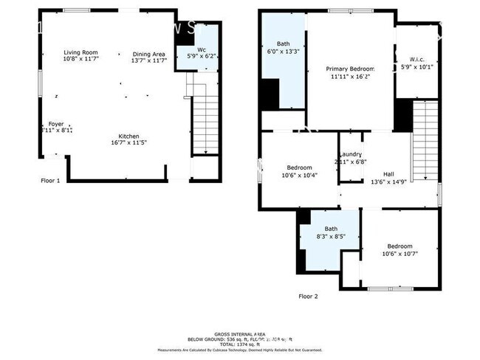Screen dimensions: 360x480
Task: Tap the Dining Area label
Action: point(149,54)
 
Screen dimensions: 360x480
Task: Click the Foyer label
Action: point(56,124)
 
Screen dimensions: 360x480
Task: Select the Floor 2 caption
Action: point(307,296)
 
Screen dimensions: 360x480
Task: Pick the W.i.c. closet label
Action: point(417,59)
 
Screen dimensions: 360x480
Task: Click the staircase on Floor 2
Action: point(425,140)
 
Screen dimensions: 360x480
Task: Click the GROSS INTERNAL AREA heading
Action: point(240,333)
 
